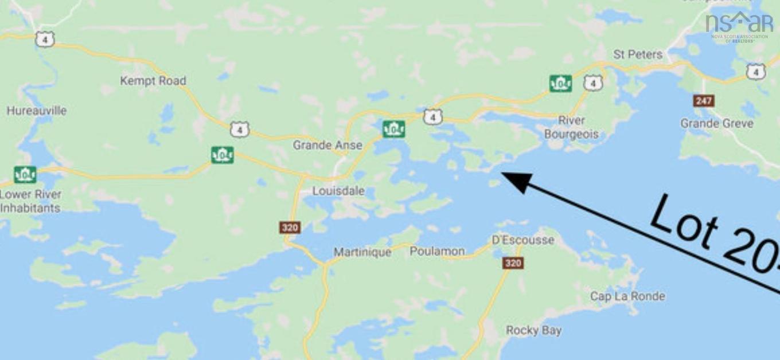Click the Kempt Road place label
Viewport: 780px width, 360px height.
pyautogui.click(x=153, y=81)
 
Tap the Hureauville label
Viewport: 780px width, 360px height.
pyautogui.click(x=36, y=111)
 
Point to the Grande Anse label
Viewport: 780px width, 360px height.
pyautogui.click(x=327, y=145)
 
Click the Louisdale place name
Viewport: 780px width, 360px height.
pyautogui.click(x=338, y=191)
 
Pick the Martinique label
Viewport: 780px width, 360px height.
pyautogui.click(x=362, y=252)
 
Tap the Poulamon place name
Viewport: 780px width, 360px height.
pyautogui.click(x=437, y=251)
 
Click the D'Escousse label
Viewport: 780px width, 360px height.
pyautogui.click(x=523, y=240)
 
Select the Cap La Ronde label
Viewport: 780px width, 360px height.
pyautogui.click(x=627, y=296)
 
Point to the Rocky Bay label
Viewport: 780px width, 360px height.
pyautogui.click(x=533, y=330)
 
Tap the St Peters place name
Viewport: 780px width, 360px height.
pyautogui.click(x=638, y=54)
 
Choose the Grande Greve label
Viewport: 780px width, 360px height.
pyautogui.click(x=716, y=123)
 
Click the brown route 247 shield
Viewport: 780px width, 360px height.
pyautogui.click(x=703, y=101)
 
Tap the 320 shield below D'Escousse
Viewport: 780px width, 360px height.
pyautogui.click(x=513, y=263)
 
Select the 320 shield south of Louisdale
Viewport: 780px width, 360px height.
pyautogui.click(x=290, y=228)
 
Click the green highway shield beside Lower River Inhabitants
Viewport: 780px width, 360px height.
pyautogui.click(x=25, y=174)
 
